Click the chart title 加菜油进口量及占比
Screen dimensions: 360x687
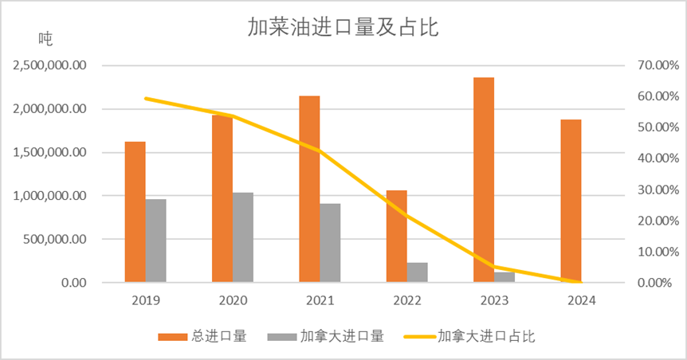(343, 29)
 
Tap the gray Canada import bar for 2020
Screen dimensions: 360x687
(243, 237)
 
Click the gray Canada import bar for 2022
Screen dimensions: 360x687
(418, 272)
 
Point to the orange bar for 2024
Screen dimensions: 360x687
(571, 201)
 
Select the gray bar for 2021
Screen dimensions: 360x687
(330, 243)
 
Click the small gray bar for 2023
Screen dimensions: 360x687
(504, 277)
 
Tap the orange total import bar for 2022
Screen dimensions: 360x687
(397, 237)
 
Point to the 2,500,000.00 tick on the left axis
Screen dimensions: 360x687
(50, 65)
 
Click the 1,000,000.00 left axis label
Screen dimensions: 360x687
(50, 196)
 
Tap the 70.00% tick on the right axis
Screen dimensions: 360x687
(651, 65)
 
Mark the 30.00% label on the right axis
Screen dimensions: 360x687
(651, 190)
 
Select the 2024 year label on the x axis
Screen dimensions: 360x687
(581, 301)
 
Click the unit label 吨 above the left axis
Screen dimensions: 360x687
(45, 38)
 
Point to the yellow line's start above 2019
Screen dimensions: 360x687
(146, 99)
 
